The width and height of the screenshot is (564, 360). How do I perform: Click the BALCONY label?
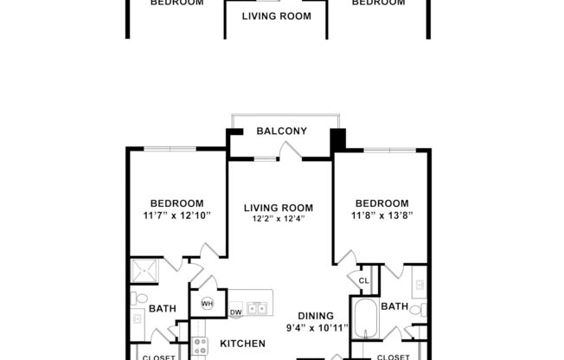(282, 132)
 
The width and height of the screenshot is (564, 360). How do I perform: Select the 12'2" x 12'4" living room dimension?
(278, 220)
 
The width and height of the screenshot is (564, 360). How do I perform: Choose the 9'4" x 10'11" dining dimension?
(317, 328)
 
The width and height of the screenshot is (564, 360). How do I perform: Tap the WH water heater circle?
(208, 304)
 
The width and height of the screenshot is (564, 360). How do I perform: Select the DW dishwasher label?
(235, 312)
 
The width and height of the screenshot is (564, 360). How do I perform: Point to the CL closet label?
(364, 280)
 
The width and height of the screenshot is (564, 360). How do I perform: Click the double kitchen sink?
(256, 308)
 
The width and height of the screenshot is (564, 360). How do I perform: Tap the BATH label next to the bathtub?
(394, 306)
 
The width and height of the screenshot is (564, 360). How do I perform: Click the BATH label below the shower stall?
(163, 308)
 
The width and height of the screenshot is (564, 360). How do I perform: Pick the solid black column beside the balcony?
(337, 138)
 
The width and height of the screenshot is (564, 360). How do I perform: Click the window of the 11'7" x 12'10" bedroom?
(170, 149)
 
